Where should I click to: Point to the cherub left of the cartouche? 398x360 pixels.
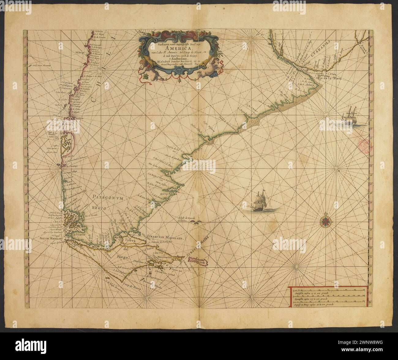click(x=145, y=68)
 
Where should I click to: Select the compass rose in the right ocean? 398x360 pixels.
click(x=325, y=221)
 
